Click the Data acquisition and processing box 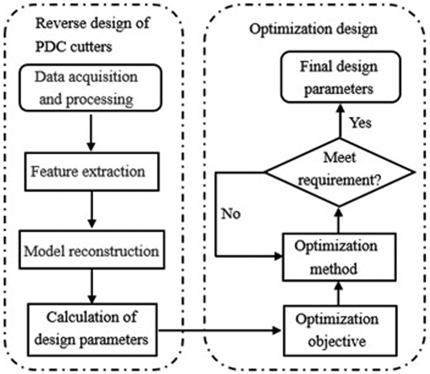[90, 88]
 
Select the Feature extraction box [92, 172]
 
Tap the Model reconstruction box [92, 250]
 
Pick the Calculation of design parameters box [92, 329]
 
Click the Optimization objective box [340, 330]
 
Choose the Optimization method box [339, 257]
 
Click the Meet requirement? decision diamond [340, 172]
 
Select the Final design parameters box [341, 77]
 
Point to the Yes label [360, 122]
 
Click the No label [231, 213]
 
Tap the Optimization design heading [313, 29]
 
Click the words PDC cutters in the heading [74, 47]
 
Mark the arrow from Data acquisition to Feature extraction [91, 133]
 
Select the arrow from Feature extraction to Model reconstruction [92, 210]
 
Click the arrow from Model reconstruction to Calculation [92, 286]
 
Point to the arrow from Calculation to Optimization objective [220, 330]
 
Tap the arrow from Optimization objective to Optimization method [339, 293]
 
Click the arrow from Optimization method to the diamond [339, 220]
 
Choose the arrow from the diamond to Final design [340, 121]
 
